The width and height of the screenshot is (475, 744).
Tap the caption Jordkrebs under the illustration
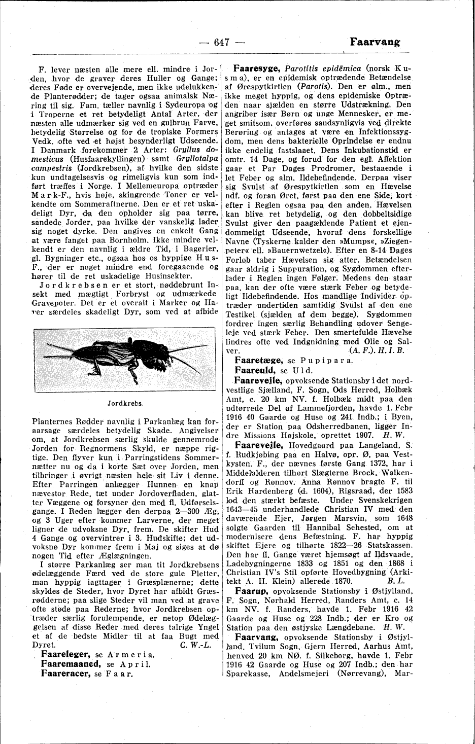[x=125, y=404]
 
